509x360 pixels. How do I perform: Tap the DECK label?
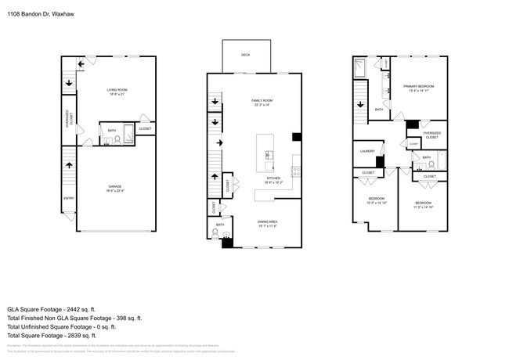coord(245,55)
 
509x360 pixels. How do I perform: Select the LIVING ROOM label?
coord(117,90)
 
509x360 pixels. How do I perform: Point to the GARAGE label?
coord(114,186)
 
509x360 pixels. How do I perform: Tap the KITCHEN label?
coord(273,178)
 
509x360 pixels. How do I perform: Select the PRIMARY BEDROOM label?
coord(419,86)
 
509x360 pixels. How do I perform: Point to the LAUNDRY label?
coord(367,151)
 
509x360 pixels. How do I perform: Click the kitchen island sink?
coord(268,155)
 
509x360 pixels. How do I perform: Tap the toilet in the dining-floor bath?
coord(226,234)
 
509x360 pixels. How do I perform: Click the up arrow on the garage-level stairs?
coord(69,165)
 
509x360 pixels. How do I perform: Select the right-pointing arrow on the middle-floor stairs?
coord(220,142)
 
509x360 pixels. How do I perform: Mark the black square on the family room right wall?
coord(297,136)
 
